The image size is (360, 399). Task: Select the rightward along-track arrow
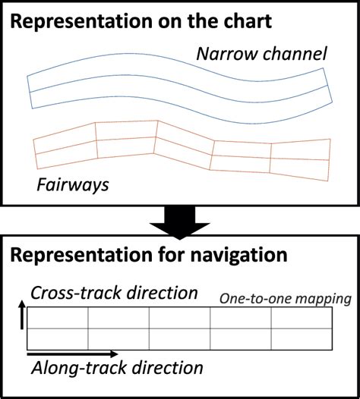72,354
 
